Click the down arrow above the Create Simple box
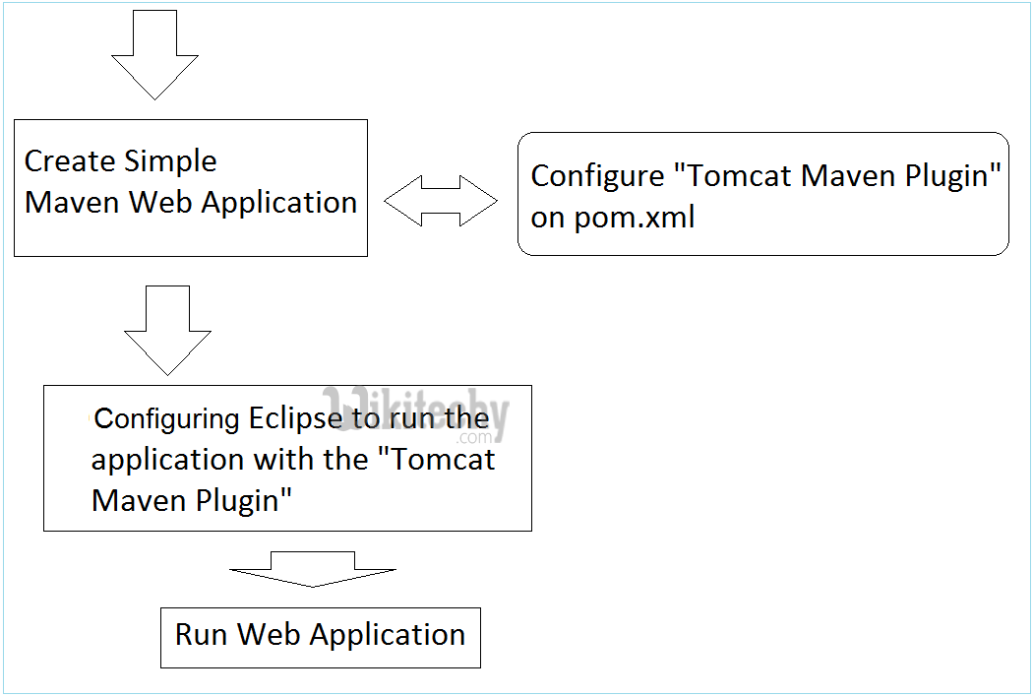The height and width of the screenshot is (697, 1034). [154, 54]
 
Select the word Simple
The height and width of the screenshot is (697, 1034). [170, 161]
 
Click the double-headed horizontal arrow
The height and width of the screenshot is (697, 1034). [441, 202]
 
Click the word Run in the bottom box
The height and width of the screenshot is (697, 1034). [202, 635]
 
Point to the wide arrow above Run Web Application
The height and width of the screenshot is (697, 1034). [313, 569]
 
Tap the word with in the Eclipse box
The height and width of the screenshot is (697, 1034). [284, 460]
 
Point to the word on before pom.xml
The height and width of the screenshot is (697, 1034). [547, 218]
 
